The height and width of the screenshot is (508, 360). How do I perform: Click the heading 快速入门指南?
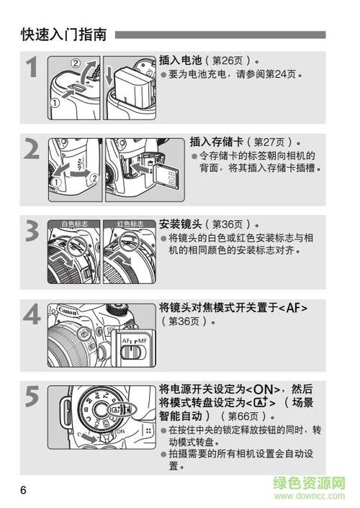tap(64, 33)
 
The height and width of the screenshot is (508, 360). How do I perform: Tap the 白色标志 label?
tap(73, 224)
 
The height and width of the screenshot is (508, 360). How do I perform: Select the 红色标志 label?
tap(130, 224)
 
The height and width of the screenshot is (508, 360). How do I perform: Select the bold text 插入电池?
tap(179, 60)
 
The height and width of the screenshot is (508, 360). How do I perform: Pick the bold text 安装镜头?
tap(179, 224)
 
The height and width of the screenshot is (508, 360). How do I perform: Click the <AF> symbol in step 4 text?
tap(293, 308)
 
